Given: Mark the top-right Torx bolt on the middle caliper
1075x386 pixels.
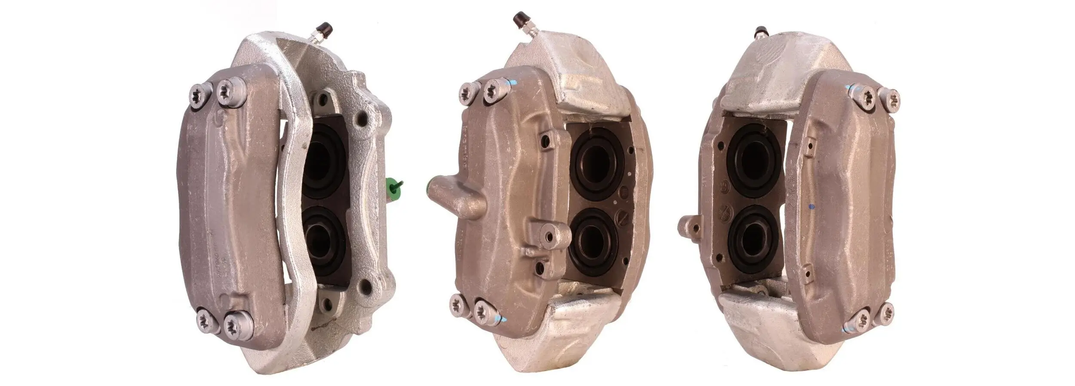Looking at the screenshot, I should point(494,91).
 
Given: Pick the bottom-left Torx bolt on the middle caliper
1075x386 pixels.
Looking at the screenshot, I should point(458,306).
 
